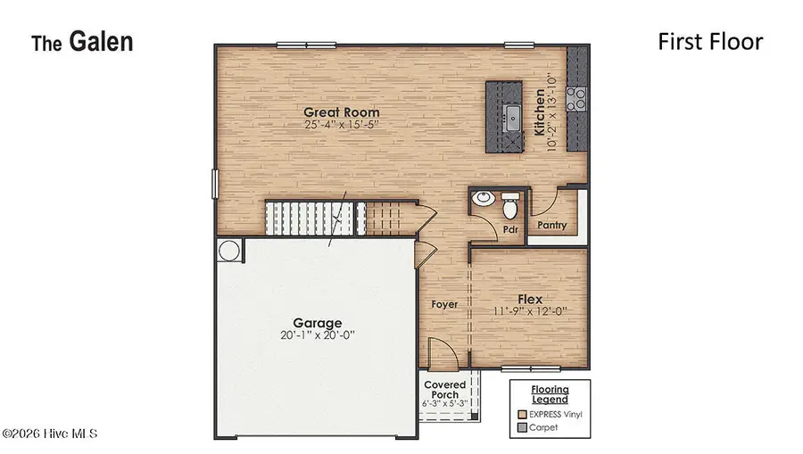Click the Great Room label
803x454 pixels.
[x=341, y=112]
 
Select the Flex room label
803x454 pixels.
[x=531, y=300]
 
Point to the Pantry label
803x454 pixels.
[x=551, y=226]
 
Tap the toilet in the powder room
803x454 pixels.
[x=510, y=208]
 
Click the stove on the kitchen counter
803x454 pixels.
[x=579, y=95]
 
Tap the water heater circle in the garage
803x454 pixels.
[x=228, y=252]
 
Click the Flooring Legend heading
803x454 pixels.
[x=549, y=394]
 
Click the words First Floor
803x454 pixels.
[x=710, y=41]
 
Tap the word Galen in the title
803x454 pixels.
[x=102, y=42]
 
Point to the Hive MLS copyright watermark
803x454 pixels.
[x=49, y=433]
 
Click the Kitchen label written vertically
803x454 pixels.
[x=539, y=112]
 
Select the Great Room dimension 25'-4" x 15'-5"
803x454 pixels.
[x=341, y=125]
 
